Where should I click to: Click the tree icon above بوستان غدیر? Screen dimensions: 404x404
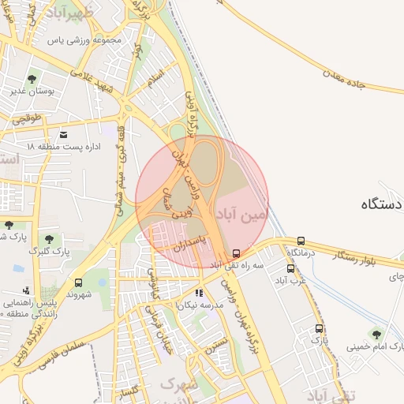32,79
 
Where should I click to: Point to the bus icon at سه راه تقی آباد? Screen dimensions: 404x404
236,253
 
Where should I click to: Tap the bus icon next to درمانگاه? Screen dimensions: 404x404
301,241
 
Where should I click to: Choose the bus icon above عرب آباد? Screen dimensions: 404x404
291,268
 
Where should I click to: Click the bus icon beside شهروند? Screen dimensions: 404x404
78,282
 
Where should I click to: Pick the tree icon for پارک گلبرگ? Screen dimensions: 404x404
49,238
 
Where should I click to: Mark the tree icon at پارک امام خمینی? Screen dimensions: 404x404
376,334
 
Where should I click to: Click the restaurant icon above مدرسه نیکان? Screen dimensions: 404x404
199,294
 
